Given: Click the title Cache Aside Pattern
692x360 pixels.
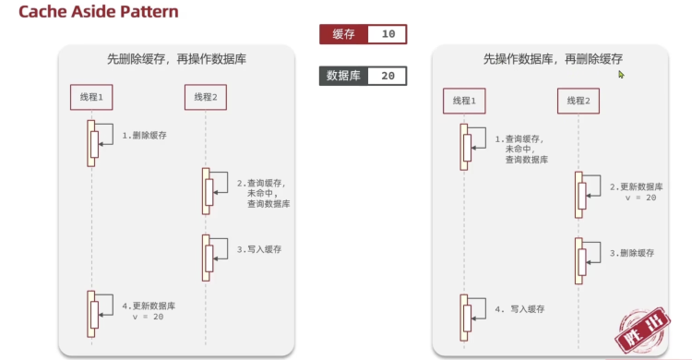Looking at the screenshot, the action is [x=99, y=12].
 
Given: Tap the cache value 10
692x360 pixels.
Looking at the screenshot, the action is [x=388, y=34].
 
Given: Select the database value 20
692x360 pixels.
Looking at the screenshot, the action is [x=388, y=76].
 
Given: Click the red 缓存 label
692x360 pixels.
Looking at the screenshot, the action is [x=344, y=34].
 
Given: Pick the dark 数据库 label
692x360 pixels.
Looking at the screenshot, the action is [x=343, y=76].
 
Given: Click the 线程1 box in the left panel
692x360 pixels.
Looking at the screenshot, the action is [x=91, y=97].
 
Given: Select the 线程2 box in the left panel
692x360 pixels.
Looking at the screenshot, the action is [x=206, y=97].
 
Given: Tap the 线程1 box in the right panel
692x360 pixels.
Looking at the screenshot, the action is [x=464, y=101].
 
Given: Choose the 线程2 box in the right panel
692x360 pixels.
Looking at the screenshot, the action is [x=579, y=101].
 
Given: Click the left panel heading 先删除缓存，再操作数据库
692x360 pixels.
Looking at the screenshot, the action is [x=176, y=59].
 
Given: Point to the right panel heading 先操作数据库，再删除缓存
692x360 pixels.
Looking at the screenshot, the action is [x=553, y=59].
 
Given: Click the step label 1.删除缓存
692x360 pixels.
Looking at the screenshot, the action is [x=144, y=136].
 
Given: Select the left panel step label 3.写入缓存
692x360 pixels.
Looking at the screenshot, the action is [x=259, y=249].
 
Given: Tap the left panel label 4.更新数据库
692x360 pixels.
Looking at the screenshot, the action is [x=149, y=306].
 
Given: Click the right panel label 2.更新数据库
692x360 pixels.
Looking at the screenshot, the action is [x=637, y=186].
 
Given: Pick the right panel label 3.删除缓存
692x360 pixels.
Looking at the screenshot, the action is [x=632, y=253].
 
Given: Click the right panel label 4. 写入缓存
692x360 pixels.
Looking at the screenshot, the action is [x=519, y=309].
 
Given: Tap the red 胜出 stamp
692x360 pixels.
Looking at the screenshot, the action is [x=642, y=330].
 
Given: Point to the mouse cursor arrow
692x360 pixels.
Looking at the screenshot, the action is [x=621, y=75].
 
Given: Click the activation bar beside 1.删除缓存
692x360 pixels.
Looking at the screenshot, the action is [x=91, y=144].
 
